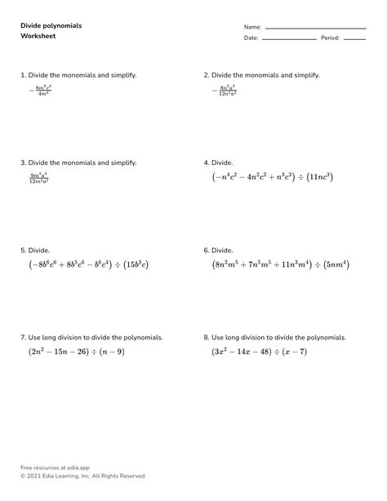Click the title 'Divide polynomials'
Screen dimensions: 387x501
pyautogui.click(x=51, y=25)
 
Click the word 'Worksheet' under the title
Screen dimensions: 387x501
pyautogui.click(x=38, y=37)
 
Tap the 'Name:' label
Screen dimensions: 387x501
pyautogui.click(x=252, y=27)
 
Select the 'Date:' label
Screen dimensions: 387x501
pyautogui.click(x=251, y=38)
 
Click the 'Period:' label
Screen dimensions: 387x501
pyautogui.click(x=330, y=38)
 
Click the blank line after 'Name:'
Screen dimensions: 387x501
pyautogui.click(x=315, y=29)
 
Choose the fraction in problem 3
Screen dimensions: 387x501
pyautogui.click(x=38, y=177)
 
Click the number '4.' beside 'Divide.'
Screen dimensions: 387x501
pyautogui.click(x=207, y=162)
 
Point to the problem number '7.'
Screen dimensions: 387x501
pyautogui.click(x=24, y=337)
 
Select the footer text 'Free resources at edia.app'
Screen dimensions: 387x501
pyautogui.click(x=55, y=468)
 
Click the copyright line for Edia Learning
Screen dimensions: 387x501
pyautogui.click(x=83, y=476)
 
